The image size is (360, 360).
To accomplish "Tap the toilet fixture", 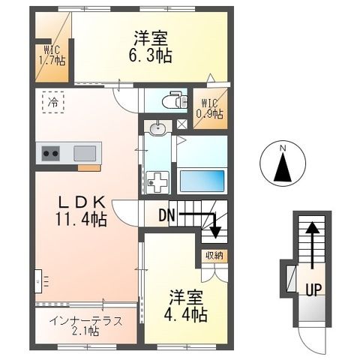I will [x=173, y=99].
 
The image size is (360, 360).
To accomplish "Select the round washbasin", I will [x=157, y=130].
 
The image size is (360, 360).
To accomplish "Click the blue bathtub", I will [x=200, y=181].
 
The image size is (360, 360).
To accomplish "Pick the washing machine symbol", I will [x=158, y=181].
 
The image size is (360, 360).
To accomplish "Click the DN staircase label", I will [x=167, y=215].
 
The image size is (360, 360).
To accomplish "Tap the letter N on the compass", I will [x=283, y=148].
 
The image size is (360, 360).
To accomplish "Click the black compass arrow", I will [x=283, y=168].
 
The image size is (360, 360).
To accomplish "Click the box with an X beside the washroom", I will [x=181, y=124].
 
